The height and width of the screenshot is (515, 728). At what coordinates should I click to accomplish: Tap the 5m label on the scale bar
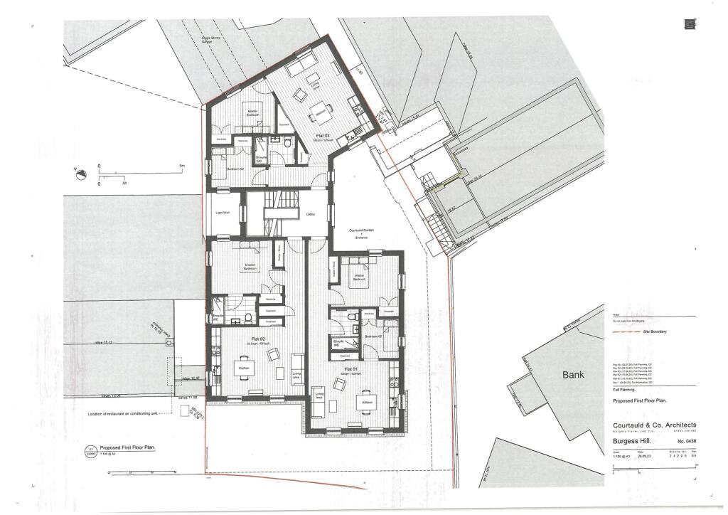pyautogui.click(x=183, y=165)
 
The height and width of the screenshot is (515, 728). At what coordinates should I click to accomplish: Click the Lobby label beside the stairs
pyautogui.click(x=311, y=213)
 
